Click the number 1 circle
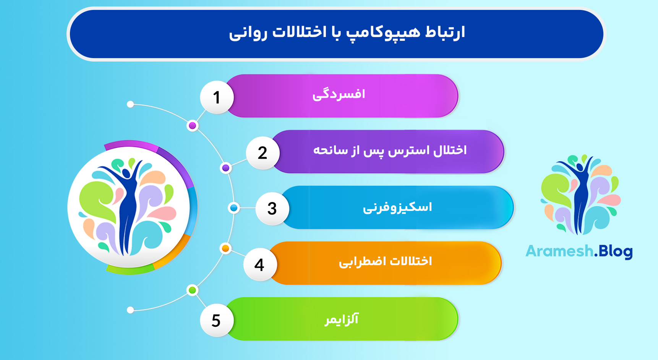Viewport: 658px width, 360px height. [x=217, y=97]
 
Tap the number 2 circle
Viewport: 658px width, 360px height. [x=263, y=153]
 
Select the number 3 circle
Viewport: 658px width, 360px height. [x=272, y=209]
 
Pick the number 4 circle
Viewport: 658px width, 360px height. [x=259, y=264]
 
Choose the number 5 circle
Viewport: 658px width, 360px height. [x=216, y=320]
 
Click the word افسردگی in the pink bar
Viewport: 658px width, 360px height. [x=339, y=94]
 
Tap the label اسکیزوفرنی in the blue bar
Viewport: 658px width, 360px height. [x=397, y=208]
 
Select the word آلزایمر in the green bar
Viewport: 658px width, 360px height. [x=342, y=319]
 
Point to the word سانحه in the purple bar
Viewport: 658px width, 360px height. [x=331, y=150]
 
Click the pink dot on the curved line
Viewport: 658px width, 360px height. [x=193, y=126]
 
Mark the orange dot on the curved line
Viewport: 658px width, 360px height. [x=225, y=248]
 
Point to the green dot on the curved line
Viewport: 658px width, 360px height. [x=193, y=290]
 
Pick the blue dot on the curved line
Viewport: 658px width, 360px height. [x=233, y=208]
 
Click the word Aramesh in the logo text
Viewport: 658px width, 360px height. [x=559, y=251]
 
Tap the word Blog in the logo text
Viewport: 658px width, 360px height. [x=616, y=251]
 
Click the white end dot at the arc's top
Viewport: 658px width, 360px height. [x=130, y=104]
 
